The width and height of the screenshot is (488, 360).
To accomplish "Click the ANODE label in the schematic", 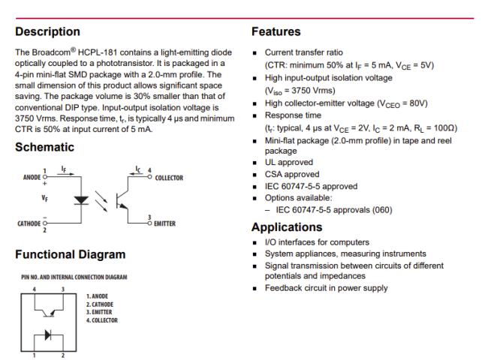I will click(x=32, y=178).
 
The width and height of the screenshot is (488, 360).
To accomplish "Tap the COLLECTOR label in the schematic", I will click(x=166, y=178).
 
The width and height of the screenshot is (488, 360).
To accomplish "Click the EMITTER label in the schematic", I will click(x=164, y=223).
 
